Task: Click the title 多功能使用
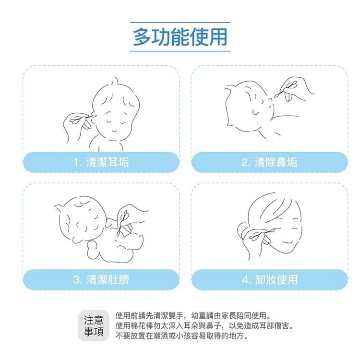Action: click(x=180, y=37)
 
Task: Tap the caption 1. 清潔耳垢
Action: click(x=101, y=162)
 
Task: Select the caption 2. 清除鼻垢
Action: click(x=269, y=162)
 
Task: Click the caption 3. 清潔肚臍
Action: click(x=101, y=279)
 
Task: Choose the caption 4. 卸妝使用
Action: click(x=269, y=279)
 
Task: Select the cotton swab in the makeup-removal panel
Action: click(x=262, y=233)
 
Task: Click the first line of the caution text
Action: click(x=193, y=316)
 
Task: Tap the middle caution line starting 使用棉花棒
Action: click(x=204, y=326)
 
